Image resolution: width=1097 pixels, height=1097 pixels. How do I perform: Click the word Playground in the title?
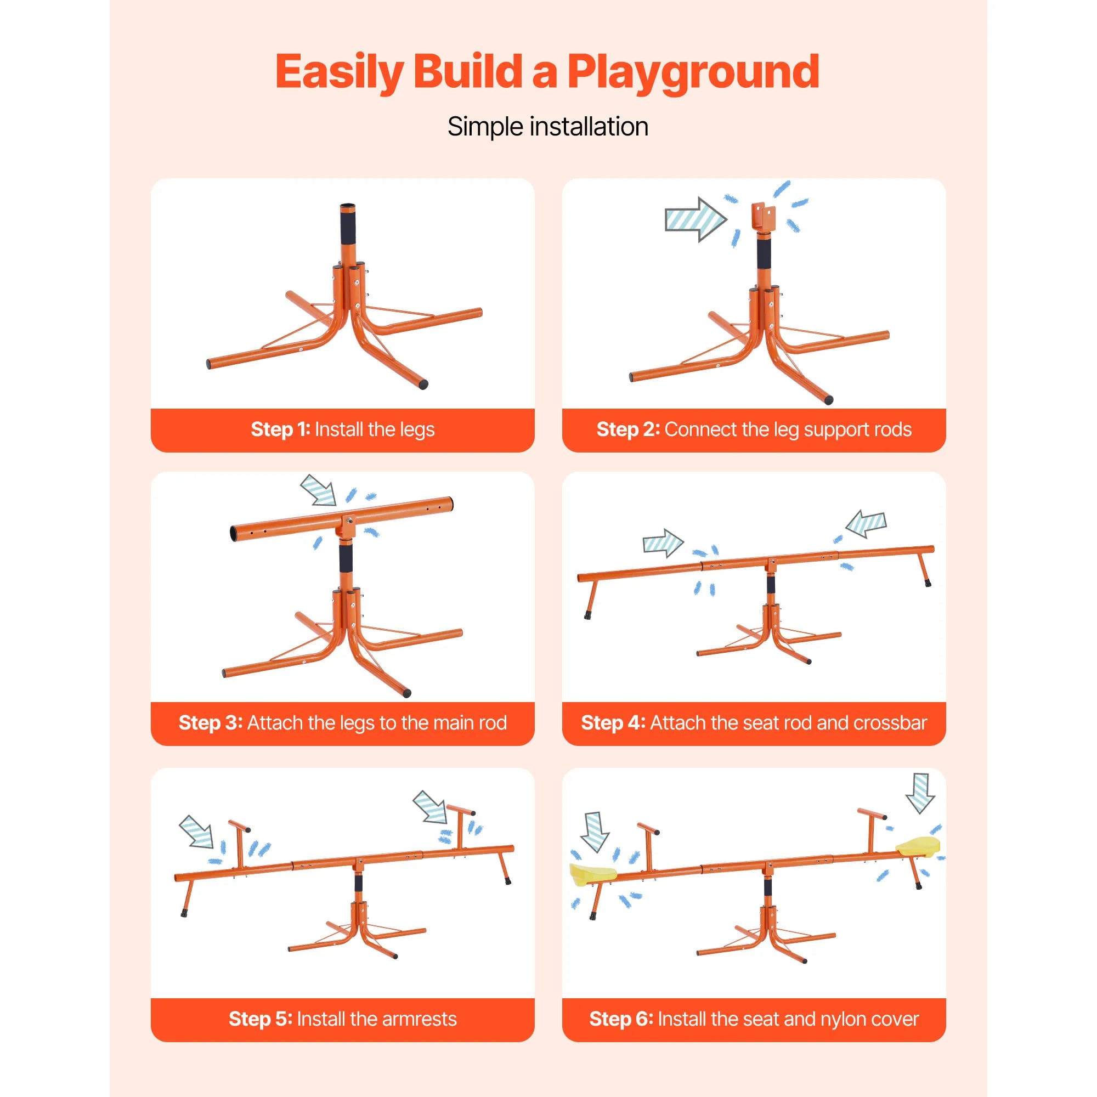pos(693,72)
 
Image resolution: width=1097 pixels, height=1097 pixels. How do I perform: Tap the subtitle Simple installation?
pos(548,126)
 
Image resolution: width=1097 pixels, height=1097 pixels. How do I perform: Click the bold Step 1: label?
pos(280,429)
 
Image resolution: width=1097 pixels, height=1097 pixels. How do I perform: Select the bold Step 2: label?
pos(628,429)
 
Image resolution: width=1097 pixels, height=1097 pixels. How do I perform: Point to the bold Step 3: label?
pos(211,723)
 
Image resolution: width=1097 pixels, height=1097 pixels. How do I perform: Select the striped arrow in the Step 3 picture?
pos(319,490)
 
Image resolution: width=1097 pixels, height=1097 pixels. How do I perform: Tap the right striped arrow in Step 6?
pos(920,792)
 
